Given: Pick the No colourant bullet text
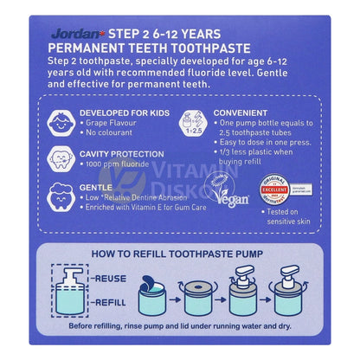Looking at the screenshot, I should pos(119,134).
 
